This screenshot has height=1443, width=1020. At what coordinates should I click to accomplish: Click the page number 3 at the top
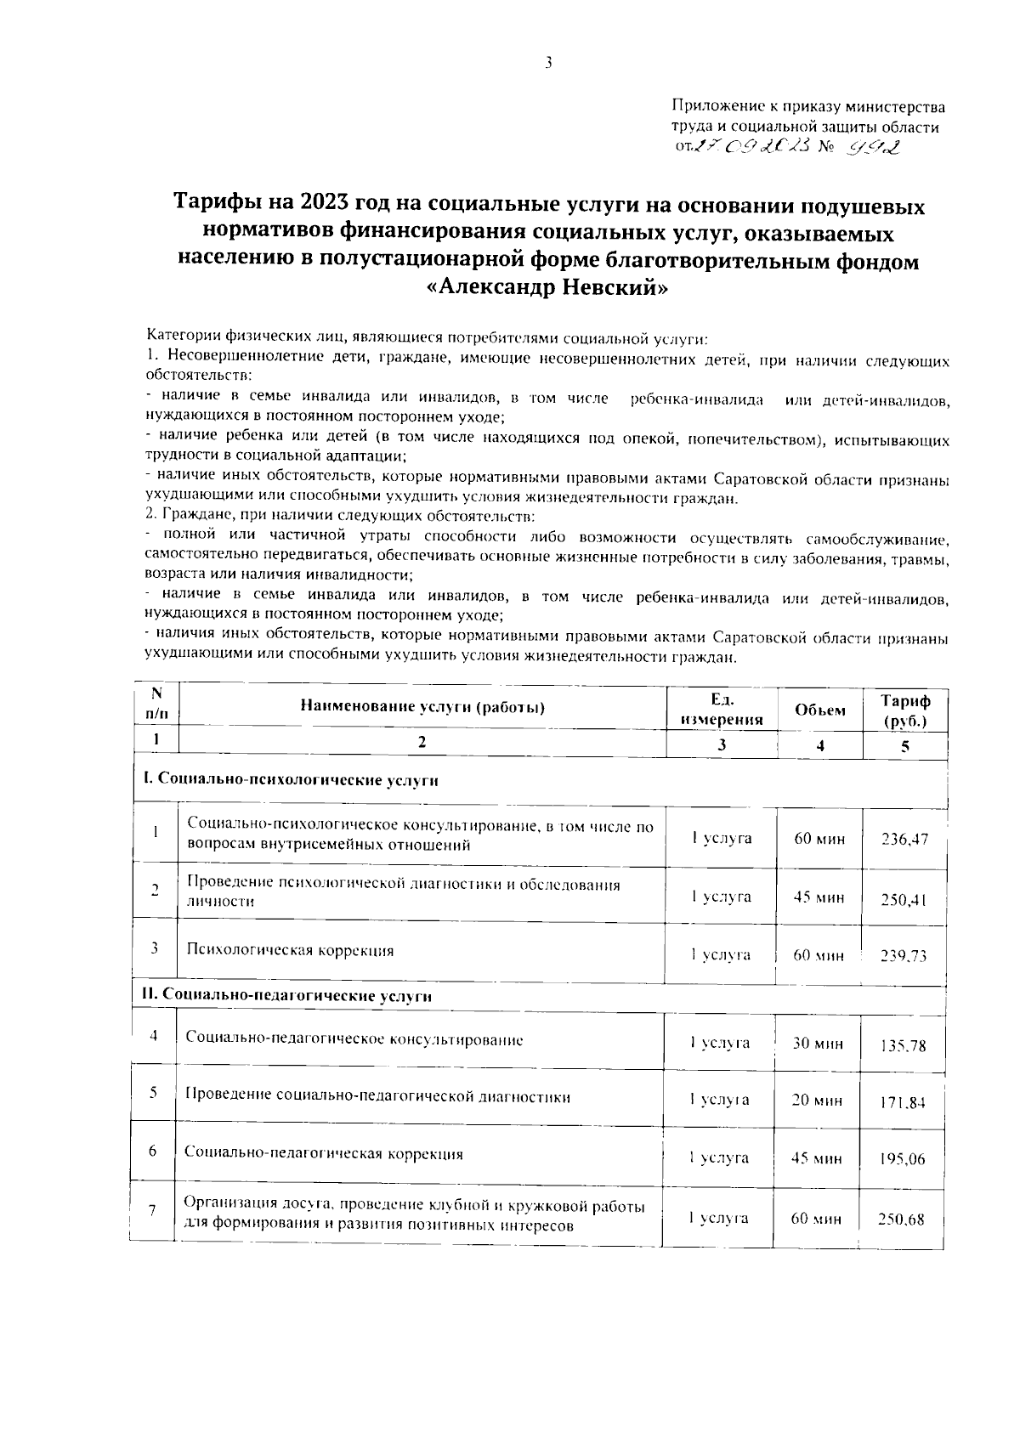coord(549,62)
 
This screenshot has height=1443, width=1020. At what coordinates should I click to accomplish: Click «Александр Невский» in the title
coord(548,287)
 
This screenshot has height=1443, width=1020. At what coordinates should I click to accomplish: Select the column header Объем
coord(819,710)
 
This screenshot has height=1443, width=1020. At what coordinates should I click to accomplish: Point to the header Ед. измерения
coord(721,710)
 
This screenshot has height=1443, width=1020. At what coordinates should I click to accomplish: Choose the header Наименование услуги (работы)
coord(422,707)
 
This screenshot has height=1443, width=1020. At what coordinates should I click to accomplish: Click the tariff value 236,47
coord(904,840)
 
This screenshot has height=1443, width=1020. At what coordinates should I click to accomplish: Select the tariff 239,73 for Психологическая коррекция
coord(903,956)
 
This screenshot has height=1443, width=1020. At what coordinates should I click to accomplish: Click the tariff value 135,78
coord(903,1046)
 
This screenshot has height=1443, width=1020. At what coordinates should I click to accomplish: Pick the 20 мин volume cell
coord(817,1101)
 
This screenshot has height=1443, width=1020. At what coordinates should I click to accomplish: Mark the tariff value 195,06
coord(903,1159)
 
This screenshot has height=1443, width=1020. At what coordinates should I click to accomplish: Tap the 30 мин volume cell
coord(818,1043)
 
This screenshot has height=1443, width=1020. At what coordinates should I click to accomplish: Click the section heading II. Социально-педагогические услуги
coord(286,996)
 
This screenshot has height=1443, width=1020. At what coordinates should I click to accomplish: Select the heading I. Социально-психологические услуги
coord(290,781)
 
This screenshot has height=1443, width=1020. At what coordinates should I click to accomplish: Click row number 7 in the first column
coord(152,1211)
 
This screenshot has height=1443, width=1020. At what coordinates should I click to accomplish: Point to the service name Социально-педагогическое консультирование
coord(354,1039)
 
